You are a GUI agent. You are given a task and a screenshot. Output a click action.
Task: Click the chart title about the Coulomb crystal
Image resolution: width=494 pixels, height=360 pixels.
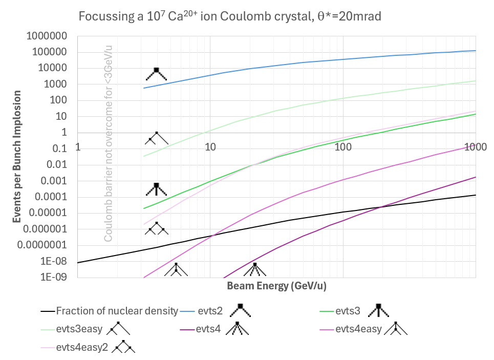[x=230, y=16]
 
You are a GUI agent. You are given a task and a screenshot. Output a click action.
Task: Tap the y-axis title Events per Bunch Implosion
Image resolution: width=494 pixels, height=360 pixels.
[x=17, y=157]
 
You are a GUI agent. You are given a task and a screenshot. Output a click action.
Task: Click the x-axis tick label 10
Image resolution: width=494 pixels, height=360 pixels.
[x=210, y=147]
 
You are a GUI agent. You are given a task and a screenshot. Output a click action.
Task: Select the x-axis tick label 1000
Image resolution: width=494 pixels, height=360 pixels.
[x=475, y=147]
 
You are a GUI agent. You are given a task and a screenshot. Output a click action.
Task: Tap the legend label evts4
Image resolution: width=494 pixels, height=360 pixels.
[x=209, y=329]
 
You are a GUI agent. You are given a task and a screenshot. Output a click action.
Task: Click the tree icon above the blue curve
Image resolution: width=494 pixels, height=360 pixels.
[x=157, y=74]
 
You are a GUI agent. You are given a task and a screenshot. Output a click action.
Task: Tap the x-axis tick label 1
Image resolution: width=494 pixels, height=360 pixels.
[x=78, y=147]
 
